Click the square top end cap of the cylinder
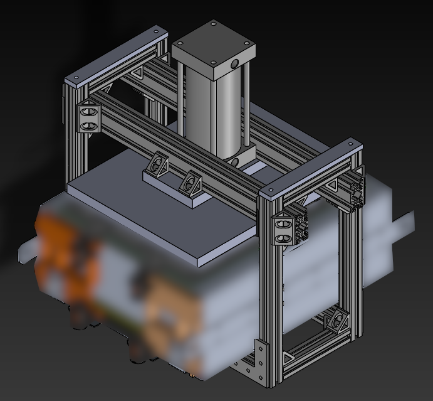pyautogui.click(x=213, y=45)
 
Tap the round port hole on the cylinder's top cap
pyautogui.click(x=234, y=64)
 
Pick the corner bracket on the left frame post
pyautogui.click(x=89, y=117)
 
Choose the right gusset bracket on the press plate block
pyautogui.click(x=192, y=185)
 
